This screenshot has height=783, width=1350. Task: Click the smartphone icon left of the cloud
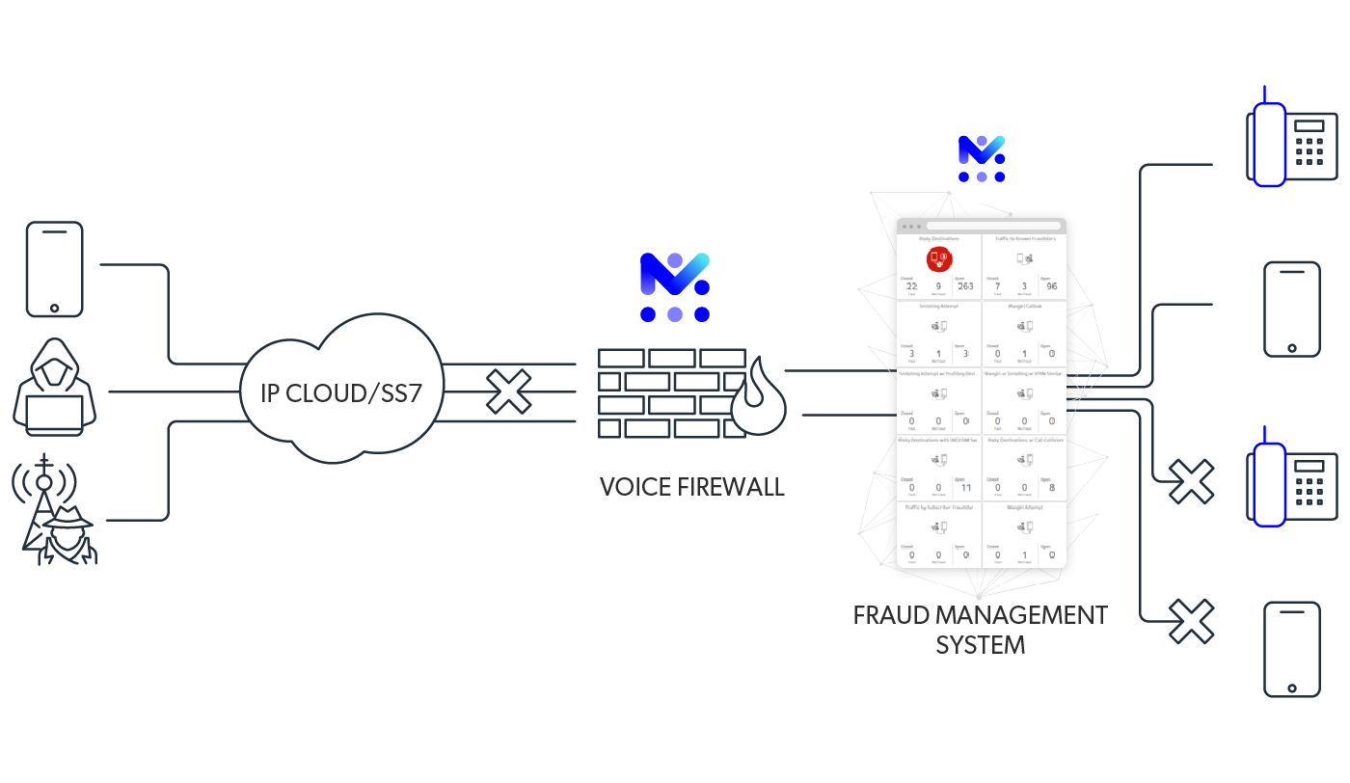point(54,269)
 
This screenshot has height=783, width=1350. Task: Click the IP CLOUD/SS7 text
point(341,392)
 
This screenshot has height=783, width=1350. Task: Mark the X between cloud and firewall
point(508,392)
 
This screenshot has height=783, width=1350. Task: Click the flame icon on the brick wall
point(759,396)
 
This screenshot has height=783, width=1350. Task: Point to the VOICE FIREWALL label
point(691,487)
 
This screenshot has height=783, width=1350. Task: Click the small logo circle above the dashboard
point(982,158)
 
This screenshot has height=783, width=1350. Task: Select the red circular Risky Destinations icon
point(938,258)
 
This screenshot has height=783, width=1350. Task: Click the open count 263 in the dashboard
point(965,286)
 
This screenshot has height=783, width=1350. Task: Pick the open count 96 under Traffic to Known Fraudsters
point(1051,286)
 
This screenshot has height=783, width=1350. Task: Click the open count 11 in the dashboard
point(965,488)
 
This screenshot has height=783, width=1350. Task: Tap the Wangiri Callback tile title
point(1024,306)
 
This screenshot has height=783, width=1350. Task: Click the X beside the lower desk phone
point(1191,482)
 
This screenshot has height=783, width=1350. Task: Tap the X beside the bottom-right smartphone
point(1191,622)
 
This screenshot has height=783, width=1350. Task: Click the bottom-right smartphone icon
point(1291,648)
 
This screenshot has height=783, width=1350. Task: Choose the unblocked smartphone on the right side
point(1291,310)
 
